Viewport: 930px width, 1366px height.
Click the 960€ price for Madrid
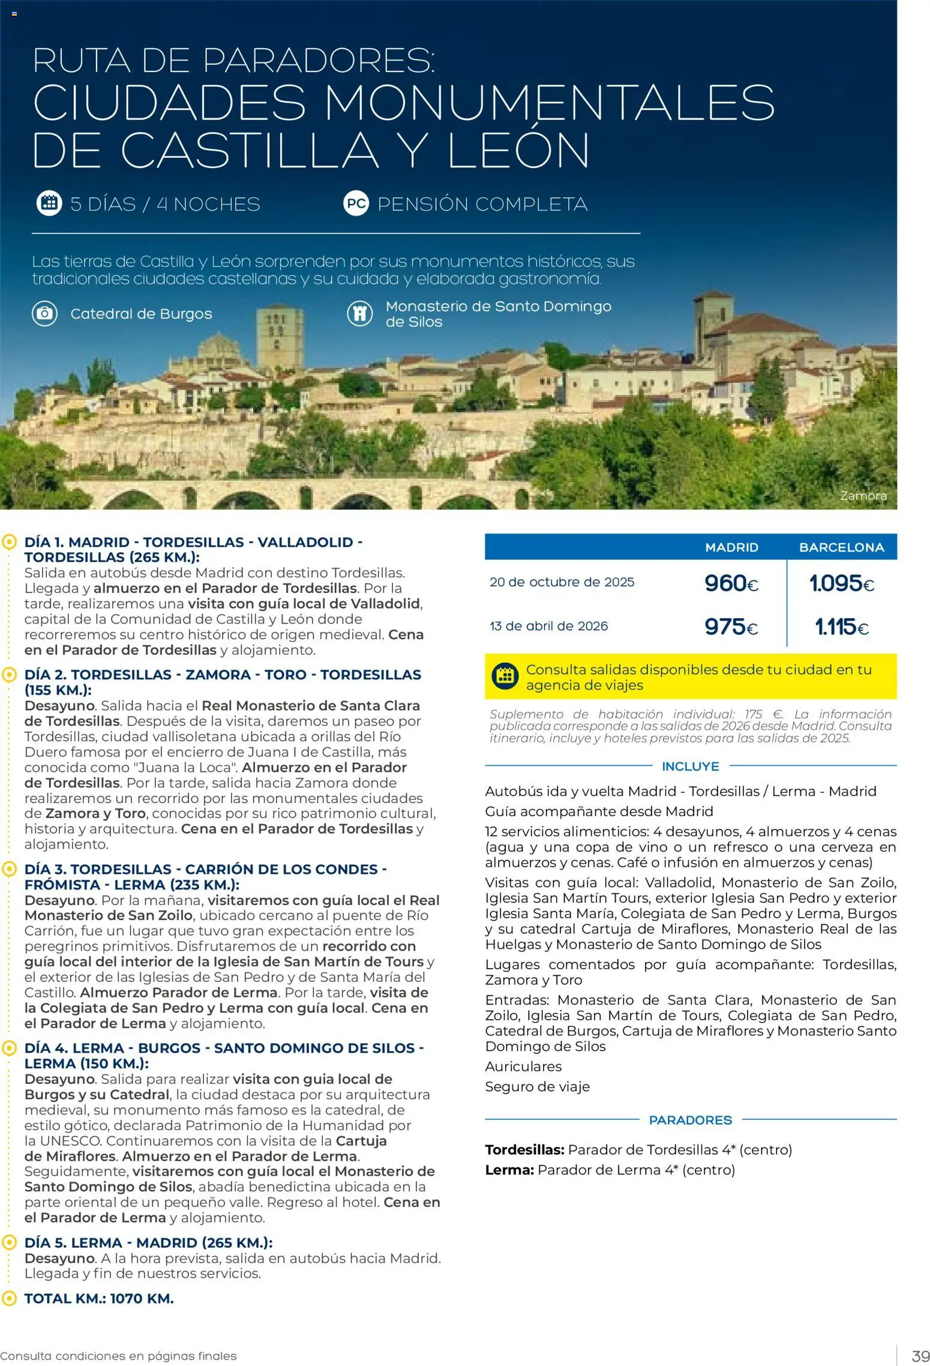tap(731, 583)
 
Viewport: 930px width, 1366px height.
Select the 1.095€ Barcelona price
tap(841, 583)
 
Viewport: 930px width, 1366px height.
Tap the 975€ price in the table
tap(731, 627)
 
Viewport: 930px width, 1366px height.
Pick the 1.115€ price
tap(841, 627)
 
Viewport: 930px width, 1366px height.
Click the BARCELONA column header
tap(841, 547)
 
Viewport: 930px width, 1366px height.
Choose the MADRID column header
tap(731, 547)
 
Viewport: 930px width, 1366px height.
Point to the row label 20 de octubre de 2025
tap(562, 582)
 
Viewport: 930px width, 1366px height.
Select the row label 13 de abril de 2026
tap(548, 626)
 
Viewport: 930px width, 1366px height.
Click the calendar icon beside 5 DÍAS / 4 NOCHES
tap(49, 203)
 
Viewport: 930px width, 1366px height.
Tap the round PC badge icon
tap(356, 203)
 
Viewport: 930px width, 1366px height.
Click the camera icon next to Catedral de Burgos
tap(44, 313)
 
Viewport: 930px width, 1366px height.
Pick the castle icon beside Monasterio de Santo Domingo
tap(359, 313)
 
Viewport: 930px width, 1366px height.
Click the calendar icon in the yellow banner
tap(505, 676)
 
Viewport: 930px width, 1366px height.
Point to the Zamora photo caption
tap(863, 496)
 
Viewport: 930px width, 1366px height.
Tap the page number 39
tap(920, 1356)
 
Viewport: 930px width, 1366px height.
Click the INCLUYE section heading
tap(690, 766)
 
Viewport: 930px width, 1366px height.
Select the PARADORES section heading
tap(690, 1120)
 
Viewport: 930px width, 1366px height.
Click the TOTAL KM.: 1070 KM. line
tap(99, 1298)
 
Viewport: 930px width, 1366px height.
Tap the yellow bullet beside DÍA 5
tap(9, 1242)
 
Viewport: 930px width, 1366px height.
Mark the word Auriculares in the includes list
tap(523, 1066)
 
